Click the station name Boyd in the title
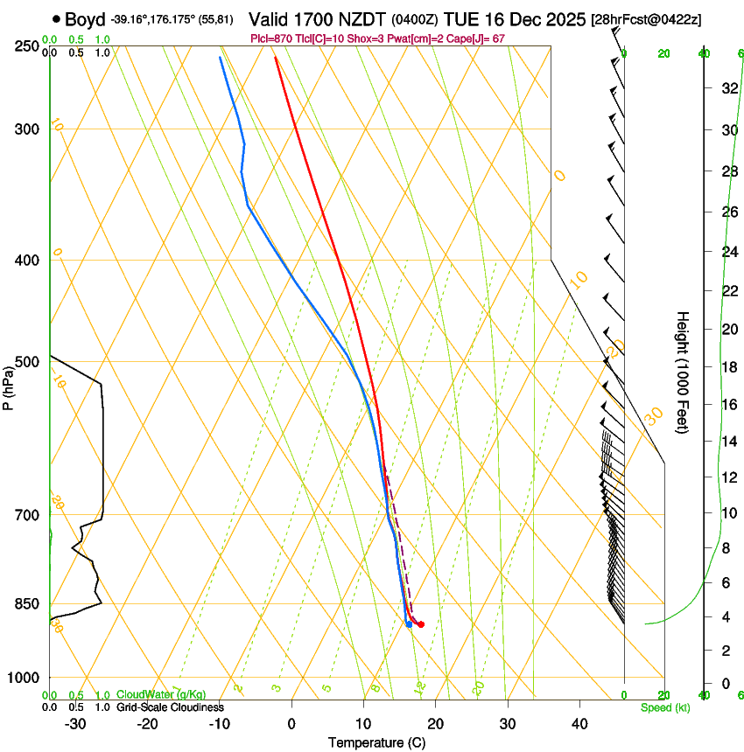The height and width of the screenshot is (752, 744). (84, 19)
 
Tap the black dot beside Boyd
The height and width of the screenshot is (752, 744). (56, 18)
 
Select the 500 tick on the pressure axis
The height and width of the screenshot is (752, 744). (27, 362)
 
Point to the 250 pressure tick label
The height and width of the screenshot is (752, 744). (27, 46)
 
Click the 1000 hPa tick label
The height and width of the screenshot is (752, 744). (24, 678)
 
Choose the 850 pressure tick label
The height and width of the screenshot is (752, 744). (27, 603)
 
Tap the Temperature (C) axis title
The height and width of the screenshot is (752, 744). (376, 742)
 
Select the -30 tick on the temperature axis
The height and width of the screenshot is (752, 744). (75, 724)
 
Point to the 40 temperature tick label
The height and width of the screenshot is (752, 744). (579, 724)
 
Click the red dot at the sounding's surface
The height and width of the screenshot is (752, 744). (421, 624)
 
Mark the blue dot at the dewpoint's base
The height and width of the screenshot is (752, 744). (409, 623)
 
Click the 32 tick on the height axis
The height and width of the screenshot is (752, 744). (727, 88)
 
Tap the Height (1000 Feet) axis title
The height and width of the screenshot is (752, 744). (684, 372)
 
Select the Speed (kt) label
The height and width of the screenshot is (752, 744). (665, 707)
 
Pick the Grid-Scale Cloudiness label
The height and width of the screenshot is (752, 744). (170, 707)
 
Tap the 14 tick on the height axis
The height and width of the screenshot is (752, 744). (727, 441)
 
